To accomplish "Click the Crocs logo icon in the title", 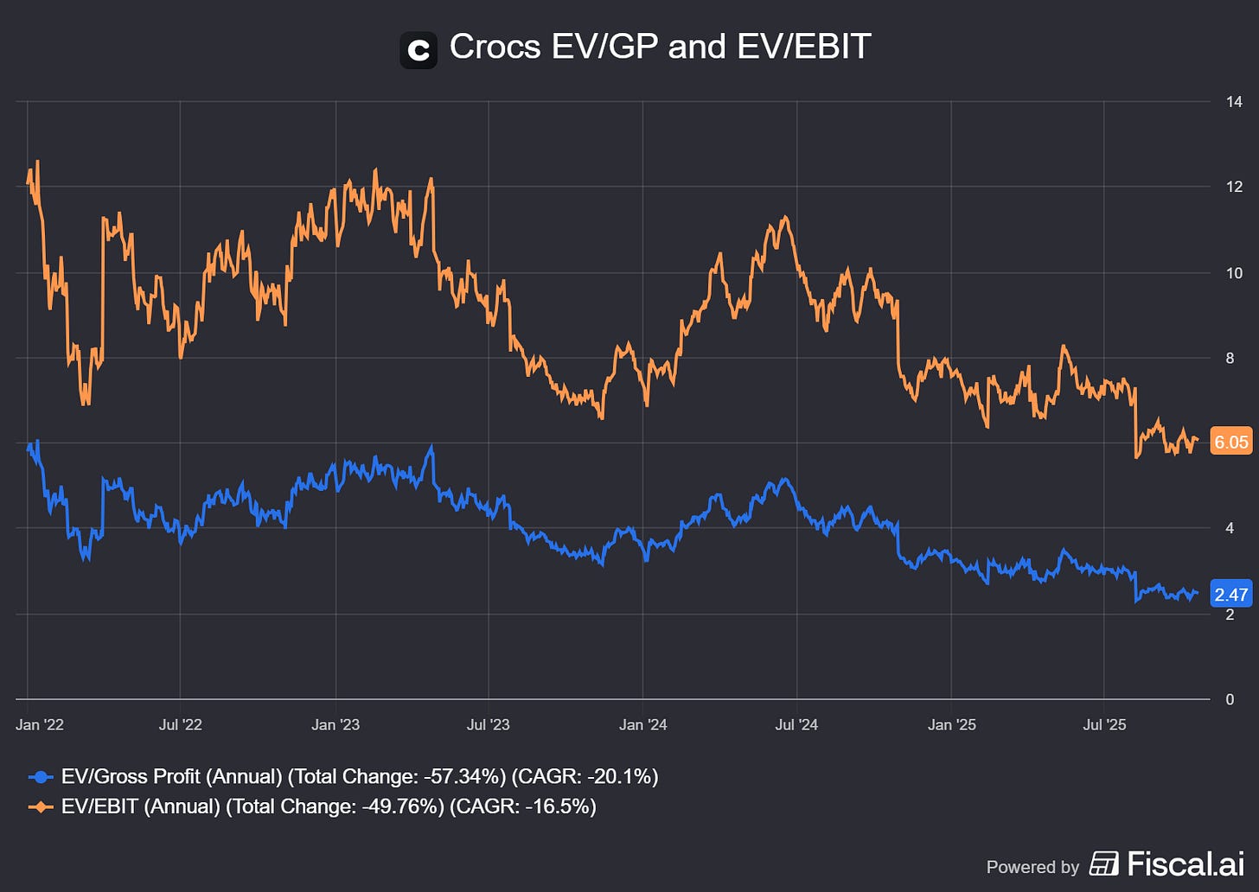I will (419, 50).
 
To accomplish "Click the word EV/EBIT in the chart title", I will (803, 47).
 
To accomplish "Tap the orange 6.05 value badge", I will (1230, 442).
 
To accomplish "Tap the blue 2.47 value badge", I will (1230, 594).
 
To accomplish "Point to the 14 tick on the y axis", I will (1234, 102).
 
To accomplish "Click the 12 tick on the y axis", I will (1234, 187).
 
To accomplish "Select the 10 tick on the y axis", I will (1234, 273).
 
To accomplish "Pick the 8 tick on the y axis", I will (1230, 358).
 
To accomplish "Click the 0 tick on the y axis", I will (1230, 699).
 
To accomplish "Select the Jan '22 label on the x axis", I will (40, 724).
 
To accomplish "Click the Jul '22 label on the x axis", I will (180, 724).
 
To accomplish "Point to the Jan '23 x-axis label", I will (336, 724).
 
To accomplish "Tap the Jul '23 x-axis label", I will (489, 724).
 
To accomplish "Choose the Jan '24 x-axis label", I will (643, 724).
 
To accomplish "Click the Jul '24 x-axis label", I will (796, 724).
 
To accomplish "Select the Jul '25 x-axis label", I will (1104, 724).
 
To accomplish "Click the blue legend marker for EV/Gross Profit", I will (41, 777).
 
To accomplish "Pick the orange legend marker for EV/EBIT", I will (41, 806).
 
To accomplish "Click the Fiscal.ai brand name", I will (1185, 863).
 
